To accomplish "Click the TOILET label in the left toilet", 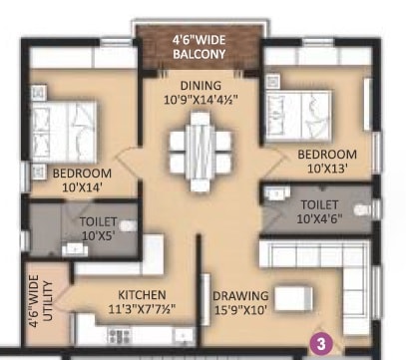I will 98,220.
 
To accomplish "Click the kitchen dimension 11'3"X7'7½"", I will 142,309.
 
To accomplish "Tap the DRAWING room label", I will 239,295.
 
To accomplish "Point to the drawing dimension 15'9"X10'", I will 239,310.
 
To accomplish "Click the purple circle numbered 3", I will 321,344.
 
